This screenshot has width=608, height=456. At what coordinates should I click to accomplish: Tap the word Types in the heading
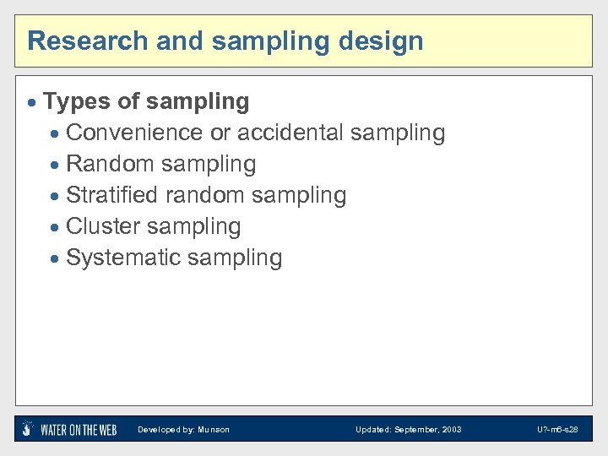point(77,102)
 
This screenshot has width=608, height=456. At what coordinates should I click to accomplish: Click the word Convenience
point(134,133)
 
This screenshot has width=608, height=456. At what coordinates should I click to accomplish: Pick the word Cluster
point(103,226)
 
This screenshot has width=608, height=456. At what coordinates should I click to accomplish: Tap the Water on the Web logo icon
point(28,429)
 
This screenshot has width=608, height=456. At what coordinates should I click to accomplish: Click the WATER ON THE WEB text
point(79,430)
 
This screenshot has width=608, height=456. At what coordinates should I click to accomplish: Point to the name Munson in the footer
point(214,430)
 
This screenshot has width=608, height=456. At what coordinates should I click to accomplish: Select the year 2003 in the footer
point(452,430)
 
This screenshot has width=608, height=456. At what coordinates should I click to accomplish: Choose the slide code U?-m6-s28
point(557,430)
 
